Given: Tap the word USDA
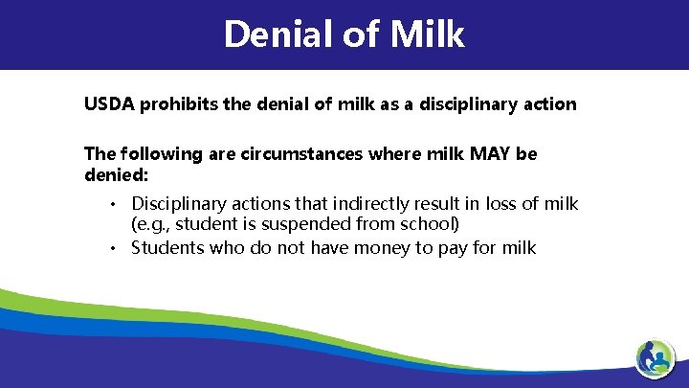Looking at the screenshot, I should tap(109, 103).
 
